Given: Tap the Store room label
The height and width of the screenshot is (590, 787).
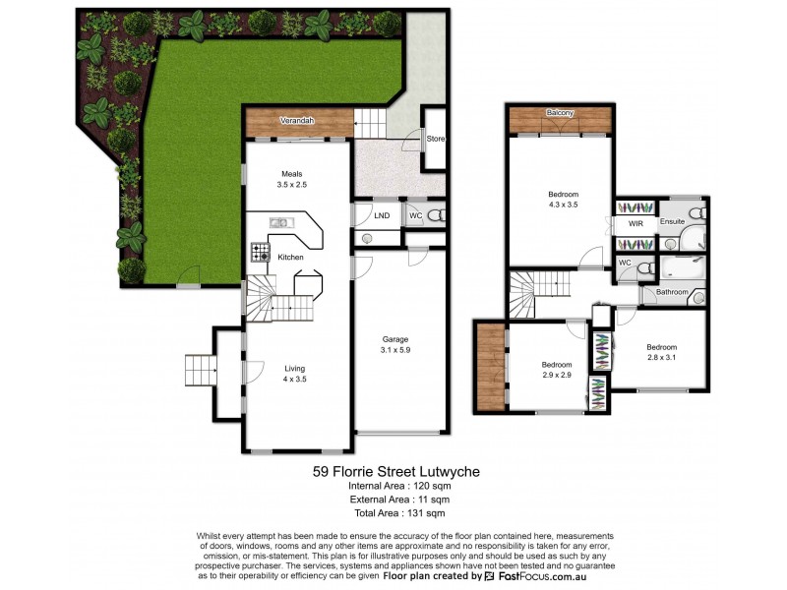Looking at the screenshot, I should [x=435, y=139].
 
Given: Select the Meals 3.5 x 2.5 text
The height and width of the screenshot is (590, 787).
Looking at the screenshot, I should [x=291, y=179].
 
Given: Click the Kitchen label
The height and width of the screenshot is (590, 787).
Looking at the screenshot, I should [x=290, y=258].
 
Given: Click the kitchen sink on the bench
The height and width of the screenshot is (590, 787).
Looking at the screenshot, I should [x=279, y=222].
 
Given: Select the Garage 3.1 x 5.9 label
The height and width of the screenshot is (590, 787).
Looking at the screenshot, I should [x=395, y=344].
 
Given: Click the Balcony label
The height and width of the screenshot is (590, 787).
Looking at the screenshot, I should [x=560, y=114].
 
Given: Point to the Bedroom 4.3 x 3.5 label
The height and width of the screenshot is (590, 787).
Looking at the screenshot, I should [x=563, y=199].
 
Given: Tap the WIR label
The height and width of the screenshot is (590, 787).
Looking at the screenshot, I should [x=636, y=224].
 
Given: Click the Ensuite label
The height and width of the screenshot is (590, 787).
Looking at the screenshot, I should [x=673, y=222].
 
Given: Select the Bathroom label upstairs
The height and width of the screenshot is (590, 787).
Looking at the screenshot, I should [x=672, y=292].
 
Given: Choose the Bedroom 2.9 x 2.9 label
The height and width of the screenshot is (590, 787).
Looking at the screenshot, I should [x=557, y=369].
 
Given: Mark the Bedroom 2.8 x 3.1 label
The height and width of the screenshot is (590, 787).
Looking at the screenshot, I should [x=661, y=352].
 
